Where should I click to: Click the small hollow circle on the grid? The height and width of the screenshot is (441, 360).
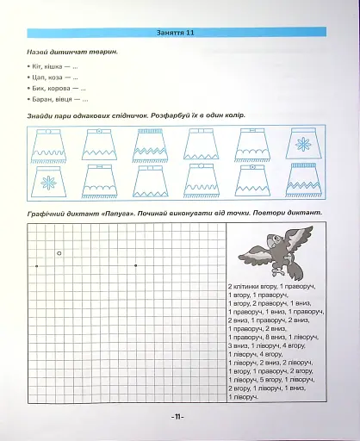click(59, 229)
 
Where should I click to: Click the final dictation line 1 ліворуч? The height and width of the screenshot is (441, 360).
click(244, 396)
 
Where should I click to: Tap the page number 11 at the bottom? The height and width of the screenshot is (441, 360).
click(178, 417)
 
